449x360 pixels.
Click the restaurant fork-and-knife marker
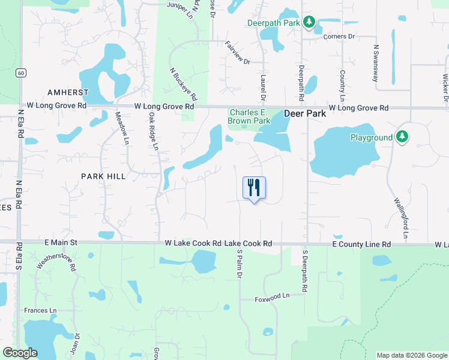[254, 188]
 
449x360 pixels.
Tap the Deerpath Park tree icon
[309, 23]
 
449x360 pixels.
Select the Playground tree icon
[402, 137]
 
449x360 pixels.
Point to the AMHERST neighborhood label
[68, 92]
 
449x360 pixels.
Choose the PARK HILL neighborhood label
[104, 176]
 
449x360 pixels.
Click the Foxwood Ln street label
[272, 296]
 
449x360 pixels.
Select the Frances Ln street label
[40, 310]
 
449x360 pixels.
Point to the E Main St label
[61, 242]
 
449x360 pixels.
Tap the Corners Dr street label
[339, 37]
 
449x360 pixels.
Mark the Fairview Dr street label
[237, 52]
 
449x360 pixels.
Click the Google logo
[20, 353]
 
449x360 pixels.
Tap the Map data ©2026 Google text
[411, 355]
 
